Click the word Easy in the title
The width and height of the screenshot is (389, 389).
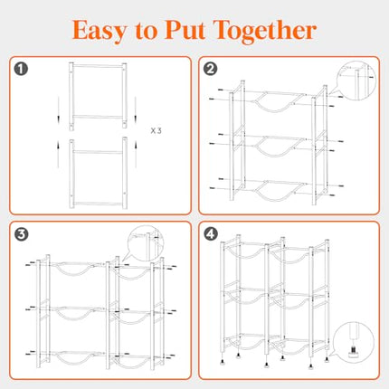click(x=100, y=31)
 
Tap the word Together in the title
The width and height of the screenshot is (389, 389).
click(x=265, y=32)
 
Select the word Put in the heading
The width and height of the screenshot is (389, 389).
click(x=185, y=30)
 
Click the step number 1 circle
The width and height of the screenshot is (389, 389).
click(x=21, y=69)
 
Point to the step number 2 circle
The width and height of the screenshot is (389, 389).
click(x=210, y=69)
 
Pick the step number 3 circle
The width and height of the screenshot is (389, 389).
click(x=21, y=234)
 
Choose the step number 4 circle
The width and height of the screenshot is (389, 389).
click(x=210, y=234)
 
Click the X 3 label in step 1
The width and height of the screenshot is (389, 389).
click(x=156, y=131)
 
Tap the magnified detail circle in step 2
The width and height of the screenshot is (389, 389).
click(x=356, y=81)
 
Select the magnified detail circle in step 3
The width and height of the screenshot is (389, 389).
click(x=145, y=243)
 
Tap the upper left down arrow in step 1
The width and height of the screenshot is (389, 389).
click(x=59, y=110)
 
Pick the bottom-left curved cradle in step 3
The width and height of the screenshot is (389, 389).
click(x=73, y=363)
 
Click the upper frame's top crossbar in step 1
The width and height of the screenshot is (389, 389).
click(x=98, y=66)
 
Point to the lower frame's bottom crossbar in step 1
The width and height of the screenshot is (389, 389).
click(x=98, y=204)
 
